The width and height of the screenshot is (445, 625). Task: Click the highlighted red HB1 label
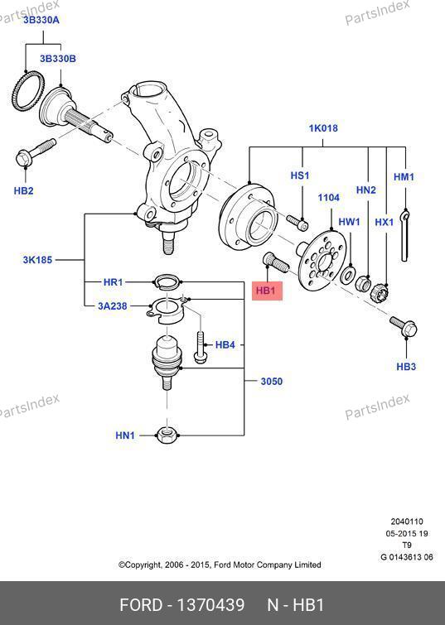point(267,291)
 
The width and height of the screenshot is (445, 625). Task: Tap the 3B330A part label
point(41,20)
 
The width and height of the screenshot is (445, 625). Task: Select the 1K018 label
point(323,128)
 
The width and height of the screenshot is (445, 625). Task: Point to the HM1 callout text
point(404,176)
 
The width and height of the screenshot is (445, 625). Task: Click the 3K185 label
point(37,260)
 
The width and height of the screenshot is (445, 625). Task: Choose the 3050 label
point(271,382)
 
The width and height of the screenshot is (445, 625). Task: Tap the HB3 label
point(406,367)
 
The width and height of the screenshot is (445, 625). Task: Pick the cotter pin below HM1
point(405,235)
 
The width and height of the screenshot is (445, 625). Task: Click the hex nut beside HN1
point(166,435)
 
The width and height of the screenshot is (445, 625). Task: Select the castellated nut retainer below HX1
point(380,292)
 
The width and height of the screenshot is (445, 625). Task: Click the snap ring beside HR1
point(167,281)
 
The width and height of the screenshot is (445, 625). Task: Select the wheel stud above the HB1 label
point(275,262)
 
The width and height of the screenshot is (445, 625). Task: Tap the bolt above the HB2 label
point(35,152)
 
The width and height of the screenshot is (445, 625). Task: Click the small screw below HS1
point(297,223)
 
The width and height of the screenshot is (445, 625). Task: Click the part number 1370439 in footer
point(210,605)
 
